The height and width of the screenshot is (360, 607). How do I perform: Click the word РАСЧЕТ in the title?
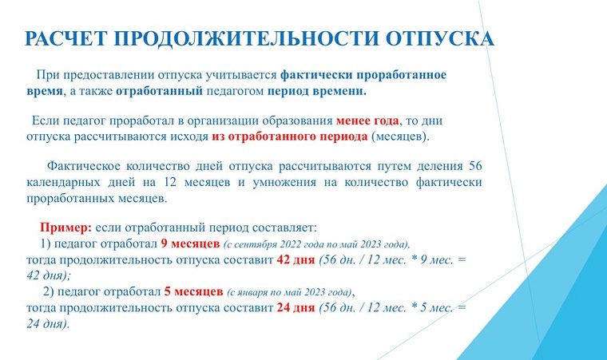[x=65, y=38]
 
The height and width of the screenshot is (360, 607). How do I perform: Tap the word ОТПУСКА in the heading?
[x=440, y=38]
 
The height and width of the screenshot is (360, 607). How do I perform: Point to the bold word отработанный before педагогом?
[x=159, y=91]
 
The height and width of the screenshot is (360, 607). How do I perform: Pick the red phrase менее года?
[x=367, y=121]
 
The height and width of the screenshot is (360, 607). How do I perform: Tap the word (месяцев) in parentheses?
[x=400, y=136]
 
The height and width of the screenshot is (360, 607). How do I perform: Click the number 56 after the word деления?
[x=475, y=166]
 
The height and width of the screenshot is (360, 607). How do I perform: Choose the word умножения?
[x=284, y=182]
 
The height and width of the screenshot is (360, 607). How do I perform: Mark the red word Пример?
[x=65, y=227]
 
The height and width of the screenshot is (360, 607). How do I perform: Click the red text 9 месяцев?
[x=190, y=244]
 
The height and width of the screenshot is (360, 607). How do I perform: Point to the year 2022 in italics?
[x=288, y=244]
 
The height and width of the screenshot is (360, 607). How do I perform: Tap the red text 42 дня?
[x=296, y=259]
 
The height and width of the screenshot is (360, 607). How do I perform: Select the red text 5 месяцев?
[x=193, y=291]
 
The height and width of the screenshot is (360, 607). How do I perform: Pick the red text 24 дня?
[x=296, y=308]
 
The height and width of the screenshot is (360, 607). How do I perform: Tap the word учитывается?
[x=241, y=75]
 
